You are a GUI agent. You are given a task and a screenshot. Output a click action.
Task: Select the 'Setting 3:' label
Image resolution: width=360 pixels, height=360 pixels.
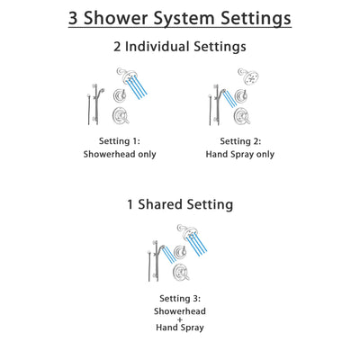coord(180,299)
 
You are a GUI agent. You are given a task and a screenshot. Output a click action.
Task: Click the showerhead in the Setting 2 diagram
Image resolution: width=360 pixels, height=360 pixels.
coord(248,76)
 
